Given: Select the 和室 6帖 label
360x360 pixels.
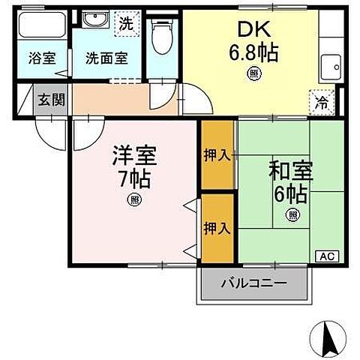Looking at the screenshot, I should (x=289, y=180).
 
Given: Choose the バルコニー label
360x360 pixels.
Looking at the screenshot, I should (x=253, y=284).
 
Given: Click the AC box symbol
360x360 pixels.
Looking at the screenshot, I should (x=328, y=256).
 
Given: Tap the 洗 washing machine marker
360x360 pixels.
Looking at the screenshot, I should (x=127, y=23).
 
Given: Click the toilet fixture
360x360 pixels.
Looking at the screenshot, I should (x=160, y=34).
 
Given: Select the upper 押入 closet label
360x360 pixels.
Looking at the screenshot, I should (x=217, y=155).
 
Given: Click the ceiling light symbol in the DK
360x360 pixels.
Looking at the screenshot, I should (x=252, y=73).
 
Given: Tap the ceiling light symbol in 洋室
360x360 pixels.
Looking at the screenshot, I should (x=133, y=199).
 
